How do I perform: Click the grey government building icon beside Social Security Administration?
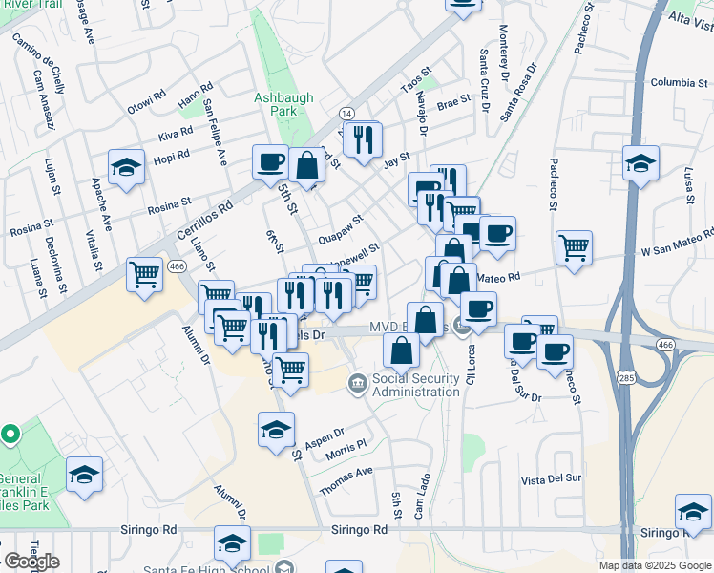tap(357, 384)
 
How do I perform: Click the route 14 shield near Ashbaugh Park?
tap(346, 113)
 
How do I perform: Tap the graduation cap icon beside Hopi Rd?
tap(126, 168)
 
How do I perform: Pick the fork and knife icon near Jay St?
tap(362, 140)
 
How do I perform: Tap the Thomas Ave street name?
tap(346, 479)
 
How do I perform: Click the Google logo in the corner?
tap(31, 562)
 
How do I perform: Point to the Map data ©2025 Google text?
tap(654, 565)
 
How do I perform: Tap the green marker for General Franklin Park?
tap(10, 435)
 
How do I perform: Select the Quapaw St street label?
tap(342, 227)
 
